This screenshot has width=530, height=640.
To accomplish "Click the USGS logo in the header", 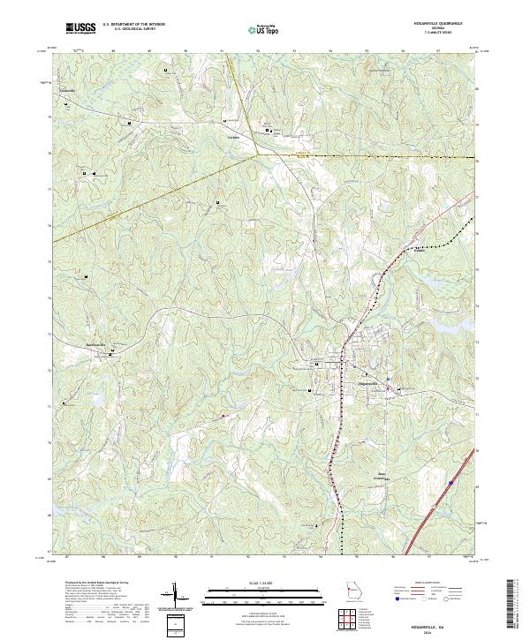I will pos(81,29).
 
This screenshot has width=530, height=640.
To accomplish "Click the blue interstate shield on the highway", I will pos(450,483).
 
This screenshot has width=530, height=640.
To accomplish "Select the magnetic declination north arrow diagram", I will pos(175,597).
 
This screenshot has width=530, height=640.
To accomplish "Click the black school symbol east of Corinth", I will pos(269,131).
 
